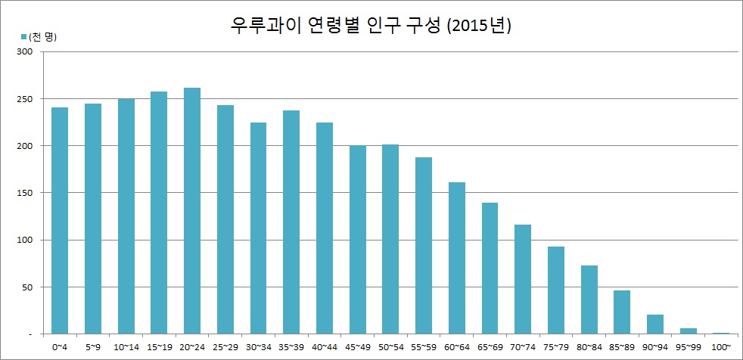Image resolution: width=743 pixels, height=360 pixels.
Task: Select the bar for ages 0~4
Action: click(x=60, y=220)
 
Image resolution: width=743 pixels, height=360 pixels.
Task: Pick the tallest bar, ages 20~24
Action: click(x=192, y=211)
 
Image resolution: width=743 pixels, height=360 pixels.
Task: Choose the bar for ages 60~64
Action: click(x=456, y=258)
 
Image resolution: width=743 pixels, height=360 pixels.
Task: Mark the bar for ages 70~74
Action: click(x=523, y=279)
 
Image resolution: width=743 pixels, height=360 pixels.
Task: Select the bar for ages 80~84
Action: click(x=589, y=299)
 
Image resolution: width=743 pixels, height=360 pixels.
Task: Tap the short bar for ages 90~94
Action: click(x=655, y=324)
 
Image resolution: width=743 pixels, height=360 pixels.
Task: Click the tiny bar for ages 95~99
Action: click(x=689, y=331)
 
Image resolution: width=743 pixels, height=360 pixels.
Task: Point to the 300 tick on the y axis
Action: click(x=26, y=51)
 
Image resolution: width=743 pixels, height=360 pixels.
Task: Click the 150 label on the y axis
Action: click(x=26, y=193)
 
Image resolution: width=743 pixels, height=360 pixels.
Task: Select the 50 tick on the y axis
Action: click(x=29, y=287)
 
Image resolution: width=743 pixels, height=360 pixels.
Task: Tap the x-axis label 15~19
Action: click(x=159, y=347)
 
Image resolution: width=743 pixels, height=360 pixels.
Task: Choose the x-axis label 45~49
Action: click(x=357, y=347)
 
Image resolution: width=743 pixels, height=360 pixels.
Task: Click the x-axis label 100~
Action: click(x=721, y=347)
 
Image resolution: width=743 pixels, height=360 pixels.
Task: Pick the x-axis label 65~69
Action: click(x=490, y=347)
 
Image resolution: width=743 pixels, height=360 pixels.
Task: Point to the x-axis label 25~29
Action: click(x=225, y=347)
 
